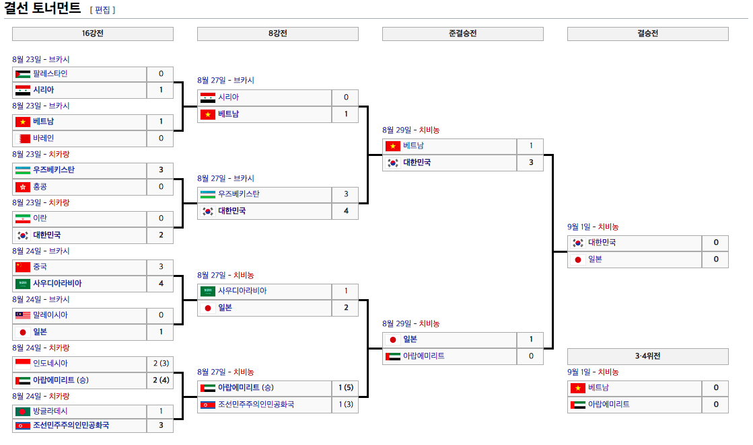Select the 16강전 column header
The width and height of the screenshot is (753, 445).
click(93, 34)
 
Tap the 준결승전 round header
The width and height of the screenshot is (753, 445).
click(463, 34)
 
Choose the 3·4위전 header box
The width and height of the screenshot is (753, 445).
click(647, 356)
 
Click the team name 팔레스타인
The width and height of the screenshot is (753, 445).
click(50, 74)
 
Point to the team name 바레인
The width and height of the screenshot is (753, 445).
click(44, 138)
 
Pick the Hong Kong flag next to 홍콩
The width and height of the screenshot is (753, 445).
click(22, 187)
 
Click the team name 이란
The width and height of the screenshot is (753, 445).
click(40, 218)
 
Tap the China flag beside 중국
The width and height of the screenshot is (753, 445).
click(22, 267)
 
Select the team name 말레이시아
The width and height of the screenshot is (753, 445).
click(50, 315)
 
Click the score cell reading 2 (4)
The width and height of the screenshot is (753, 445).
click(160, 380)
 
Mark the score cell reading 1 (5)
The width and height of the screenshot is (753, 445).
click(345, 388)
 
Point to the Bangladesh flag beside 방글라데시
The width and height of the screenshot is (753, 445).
click(22, 411)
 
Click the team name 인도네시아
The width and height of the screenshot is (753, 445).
click(50, 364)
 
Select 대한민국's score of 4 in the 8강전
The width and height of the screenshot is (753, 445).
click(346, 211)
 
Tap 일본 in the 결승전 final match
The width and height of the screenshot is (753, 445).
click(595, 259)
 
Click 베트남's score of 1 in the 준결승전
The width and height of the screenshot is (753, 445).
click(531, 146)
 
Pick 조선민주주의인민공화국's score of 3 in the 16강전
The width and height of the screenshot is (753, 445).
click(161, 426)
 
